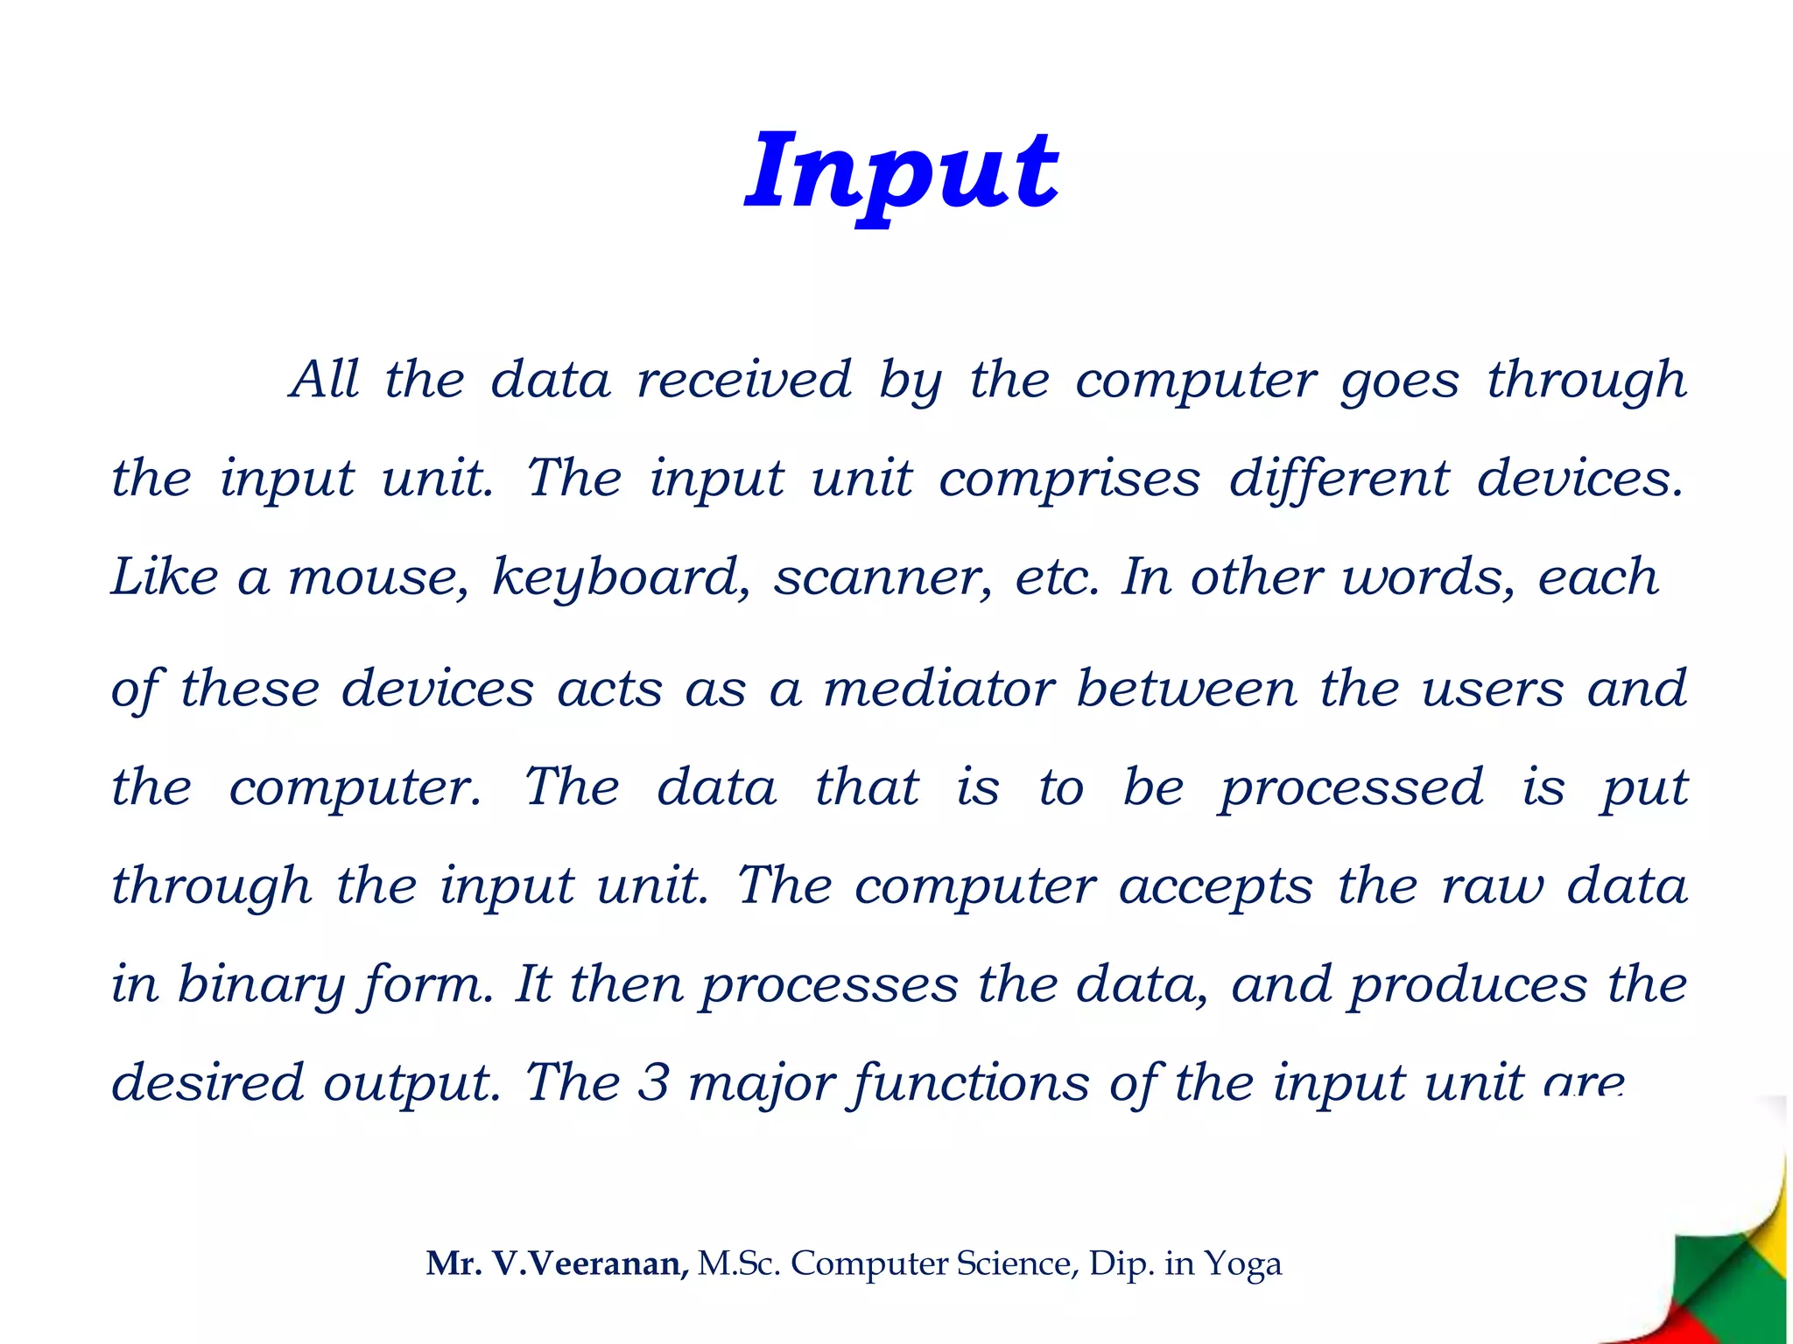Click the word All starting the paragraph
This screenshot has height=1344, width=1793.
[x=325, y=380]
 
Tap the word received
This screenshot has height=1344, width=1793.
[x=744, y=380]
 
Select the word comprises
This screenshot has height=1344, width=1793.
[x=1069, y=479]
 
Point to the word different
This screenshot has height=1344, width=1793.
[x=1339, y=479]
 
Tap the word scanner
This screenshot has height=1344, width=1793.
[x=882, y=577]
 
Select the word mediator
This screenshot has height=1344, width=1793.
[x=939, y=689]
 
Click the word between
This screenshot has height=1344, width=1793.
[x=1186, y=689]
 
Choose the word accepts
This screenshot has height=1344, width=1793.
[x=1216, y=886]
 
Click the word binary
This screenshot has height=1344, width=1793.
[x=258, y=985]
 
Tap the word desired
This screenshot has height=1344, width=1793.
[x=207, y=1083]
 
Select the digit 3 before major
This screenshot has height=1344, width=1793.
[x=653, y=1083]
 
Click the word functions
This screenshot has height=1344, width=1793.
[x=969, y=1083]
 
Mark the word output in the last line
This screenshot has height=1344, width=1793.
[x=411, y=1083]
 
